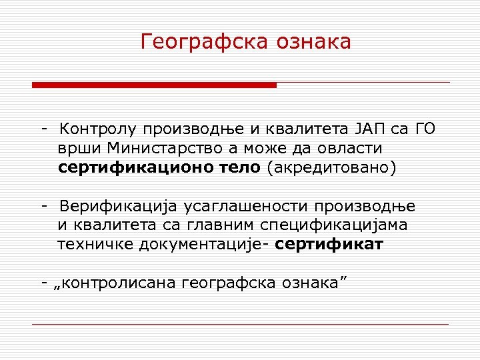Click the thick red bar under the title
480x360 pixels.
pyautogui.click(x=154, y=85)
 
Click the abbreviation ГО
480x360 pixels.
pyautogui.click(x=425, y=129)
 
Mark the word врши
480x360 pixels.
pyautogui.click(x=79, y=147)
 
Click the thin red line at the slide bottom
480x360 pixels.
pyautogui.click(x=240, y=324)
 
